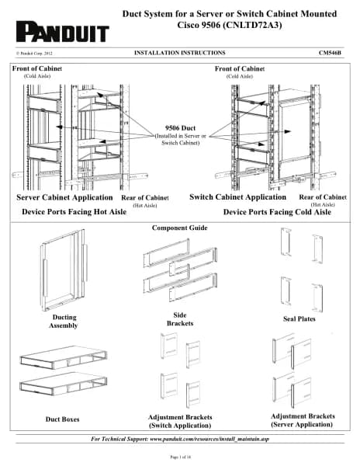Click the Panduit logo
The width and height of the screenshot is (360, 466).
tap(63, 32)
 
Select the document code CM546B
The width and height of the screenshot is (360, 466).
tap(330, 53)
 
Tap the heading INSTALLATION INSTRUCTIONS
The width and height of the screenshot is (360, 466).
tap(179, 53)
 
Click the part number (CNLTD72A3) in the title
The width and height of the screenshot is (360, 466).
tap(252, 25)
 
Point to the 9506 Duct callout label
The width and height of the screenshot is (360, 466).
tap(181, 128)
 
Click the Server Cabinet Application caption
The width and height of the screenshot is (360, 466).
tap(64, 197)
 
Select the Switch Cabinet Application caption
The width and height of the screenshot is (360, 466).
tap(237, 197)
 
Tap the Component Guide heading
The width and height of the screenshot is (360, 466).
tap(179, 228)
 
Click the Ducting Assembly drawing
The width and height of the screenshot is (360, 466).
tap(64, 270)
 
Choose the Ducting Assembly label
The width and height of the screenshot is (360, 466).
tap(64, 322)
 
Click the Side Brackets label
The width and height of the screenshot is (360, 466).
tap(180, 319)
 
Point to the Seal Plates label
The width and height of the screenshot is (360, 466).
tap(299, 319)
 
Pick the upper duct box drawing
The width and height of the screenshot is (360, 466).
tap(63, 357)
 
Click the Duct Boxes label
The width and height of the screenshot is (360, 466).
tap(62, 419)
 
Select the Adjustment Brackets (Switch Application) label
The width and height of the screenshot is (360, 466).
tap(180, 421)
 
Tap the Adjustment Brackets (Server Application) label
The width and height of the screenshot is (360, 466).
tap(303, 420)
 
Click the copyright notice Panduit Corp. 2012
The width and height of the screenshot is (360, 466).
tap(34, 54)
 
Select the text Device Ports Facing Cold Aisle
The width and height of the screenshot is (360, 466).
tap(277, 212)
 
